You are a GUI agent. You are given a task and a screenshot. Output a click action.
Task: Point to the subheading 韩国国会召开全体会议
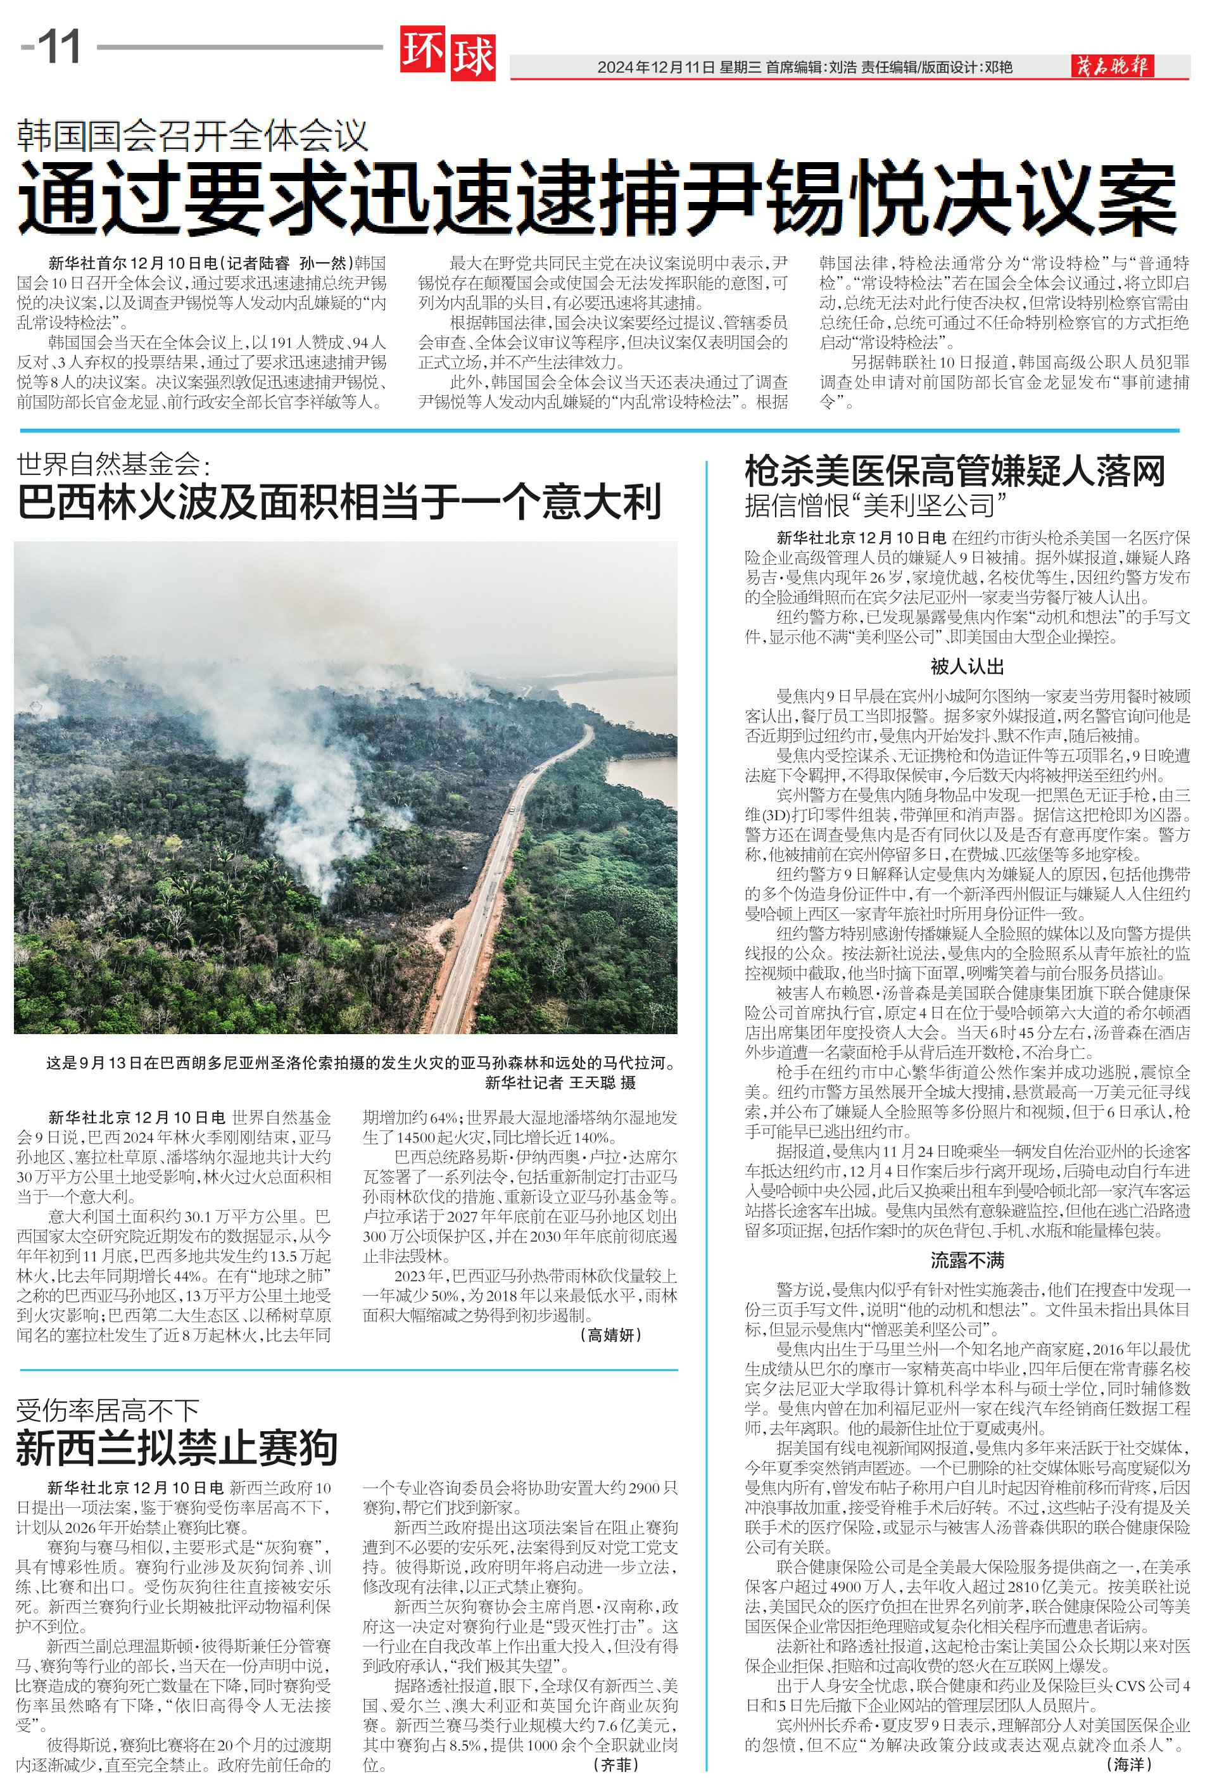[x=192, y=136]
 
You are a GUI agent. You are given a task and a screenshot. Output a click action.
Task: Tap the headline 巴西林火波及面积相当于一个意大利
[x=338, y=503]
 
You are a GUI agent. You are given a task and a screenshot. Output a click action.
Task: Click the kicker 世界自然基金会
[x=112, y=464]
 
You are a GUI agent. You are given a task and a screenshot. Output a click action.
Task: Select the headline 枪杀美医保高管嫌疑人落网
[x=954, y=471]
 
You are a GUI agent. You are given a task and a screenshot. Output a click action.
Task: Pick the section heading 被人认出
[x=967, y=666]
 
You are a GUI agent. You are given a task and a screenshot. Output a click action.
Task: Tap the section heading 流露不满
[x=967, y=1260]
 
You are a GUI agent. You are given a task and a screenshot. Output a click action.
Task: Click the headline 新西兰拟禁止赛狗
[x=177, y=1448]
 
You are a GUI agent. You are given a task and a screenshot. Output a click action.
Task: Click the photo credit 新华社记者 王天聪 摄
[x=560, y=1083]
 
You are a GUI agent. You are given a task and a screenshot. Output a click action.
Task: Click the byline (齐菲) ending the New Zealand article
[x=616, y=1764]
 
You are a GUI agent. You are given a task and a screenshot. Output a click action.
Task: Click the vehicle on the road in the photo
[x=511, y=809]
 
